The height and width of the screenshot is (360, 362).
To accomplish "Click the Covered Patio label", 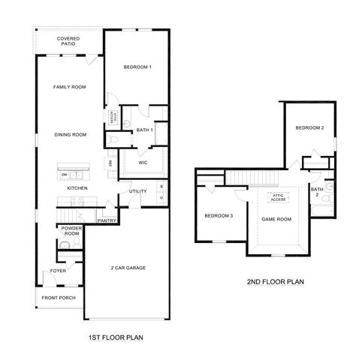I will point(69,40).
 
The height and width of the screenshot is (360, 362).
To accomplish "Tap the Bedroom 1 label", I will point(137,67).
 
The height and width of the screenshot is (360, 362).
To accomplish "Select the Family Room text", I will point(69,88).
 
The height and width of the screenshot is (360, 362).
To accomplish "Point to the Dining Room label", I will point(70,134).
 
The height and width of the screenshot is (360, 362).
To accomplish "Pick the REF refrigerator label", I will point(110,163).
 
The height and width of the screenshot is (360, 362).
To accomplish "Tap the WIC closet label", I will point(142,162).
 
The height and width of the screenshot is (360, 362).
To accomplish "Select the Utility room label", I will point(137,191).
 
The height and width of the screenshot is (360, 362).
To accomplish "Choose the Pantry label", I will point(107,220).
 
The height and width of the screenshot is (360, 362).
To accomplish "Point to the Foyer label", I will point(58,271).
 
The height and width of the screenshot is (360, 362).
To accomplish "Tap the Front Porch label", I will point(58,298).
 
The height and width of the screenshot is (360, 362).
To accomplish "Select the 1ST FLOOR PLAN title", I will point(116,337).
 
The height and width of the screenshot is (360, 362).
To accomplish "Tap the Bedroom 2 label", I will point(309,127).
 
